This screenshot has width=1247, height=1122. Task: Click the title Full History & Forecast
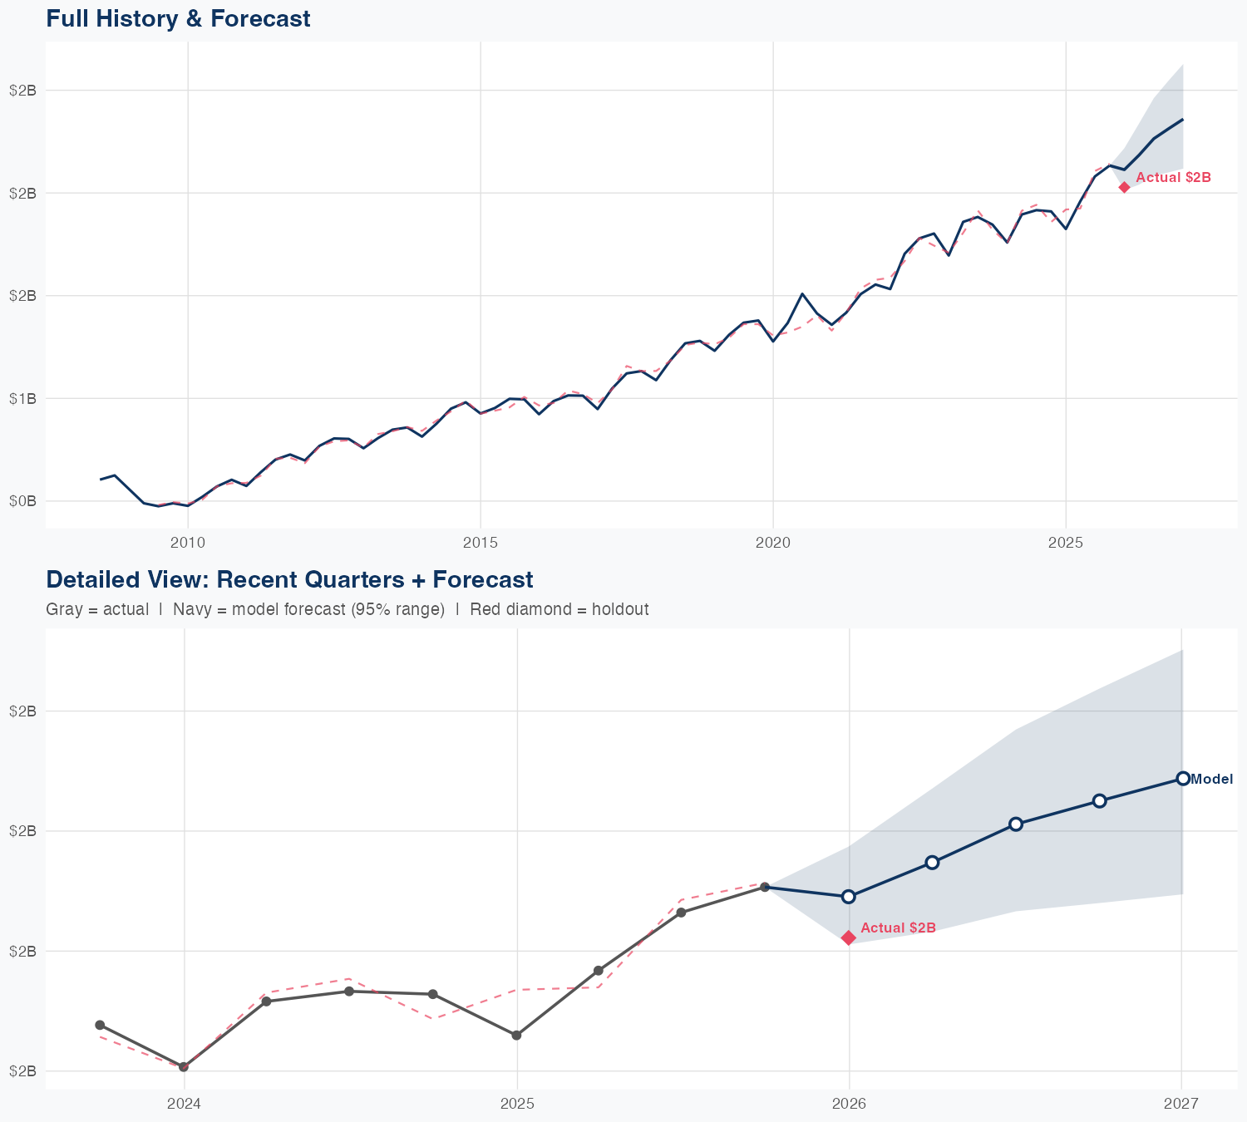tap(178, 18)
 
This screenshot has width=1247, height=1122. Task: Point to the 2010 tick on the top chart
tap(188, 543)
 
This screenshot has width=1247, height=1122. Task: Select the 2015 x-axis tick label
tap(481, 543)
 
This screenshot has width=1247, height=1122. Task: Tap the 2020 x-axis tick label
tap(773, 543)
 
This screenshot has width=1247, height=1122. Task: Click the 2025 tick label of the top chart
tap(1066, 543)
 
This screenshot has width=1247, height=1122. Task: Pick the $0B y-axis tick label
tap(23, 501)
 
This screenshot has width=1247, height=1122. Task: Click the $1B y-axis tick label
tap(23, 398)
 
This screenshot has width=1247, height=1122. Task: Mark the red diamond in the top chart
tap(1124, 187)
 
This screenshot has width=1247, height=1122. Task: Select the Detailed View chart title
tap(289, 579)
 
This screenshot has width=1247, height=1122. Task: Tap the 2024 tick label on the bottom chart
tap(184, 1104)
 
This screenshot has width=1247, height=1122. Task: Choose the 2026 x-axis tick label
tap(849, 1104)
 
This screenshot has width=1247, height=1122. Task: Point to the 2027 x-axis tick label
tap(1181, 1104)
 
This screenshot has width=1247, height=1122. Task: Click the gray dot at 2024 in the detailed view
tap(184, 1066)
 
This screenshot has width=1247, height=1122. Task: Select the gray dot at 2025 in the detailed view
tap(516, 1036)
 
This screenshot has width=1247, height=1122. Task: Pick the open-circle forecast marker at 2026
tap(849, 896)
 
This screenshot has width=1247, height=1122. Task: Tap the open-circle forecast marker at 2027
tap(1182, 778)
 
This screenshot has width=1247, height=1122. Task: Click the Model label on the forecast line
tap(1211, 780)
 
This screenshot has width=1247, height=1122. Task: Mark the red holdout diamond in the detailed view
tap(848, 937)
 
